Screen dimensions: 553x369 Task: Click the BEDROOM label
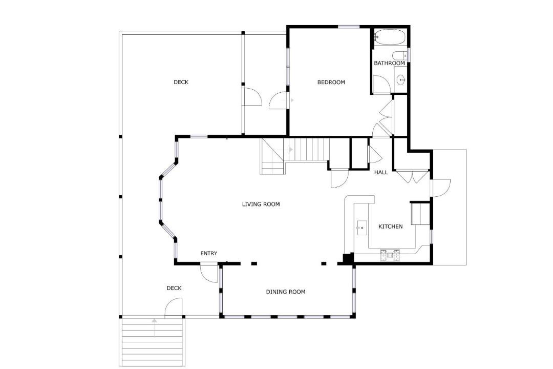(331, 83)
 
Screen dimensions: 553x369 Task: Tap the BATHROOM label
(389, 63)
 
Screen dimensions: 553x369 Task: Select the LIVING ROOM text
(261, 204)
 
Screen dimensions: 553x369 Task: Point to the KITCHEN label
(390, 227)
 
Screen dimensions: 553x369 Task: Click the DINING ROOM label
(286, 292)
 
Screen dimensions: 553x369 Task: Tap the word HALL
(381, 172)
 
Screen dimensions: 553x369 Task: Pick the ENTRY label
(209, 253)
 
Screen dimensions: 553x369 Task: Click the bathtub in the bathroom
(390, 37)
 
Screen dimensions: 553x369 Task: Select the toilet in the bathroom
(400, 56)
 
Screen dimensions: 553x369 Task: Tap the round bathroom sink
(401, 80)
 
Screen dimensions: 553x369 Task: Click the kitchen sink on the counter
(361, 228)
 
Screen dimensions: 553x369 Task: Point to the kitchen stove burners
(390, 255)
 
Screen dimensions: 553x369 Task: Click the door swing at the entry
(209, 273)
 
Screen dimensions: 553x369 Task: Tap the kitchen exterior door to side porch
(441, 188)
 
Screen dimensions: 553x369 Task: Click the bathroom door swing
(381, 84)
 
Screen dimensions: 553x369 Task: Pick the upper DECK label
(181, 83)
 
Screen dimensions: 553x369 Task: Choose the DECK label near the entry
(174, 288)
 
